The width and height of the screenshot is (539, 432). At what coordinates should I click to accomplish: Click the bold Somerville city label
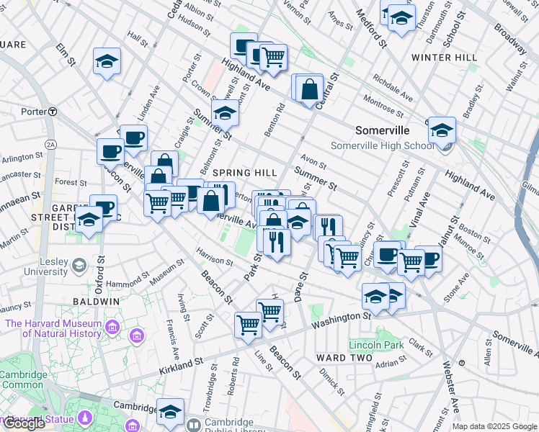point(382,130)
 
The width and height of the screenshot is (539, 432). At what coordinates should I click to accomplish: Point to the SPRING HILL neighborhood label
point(245,173)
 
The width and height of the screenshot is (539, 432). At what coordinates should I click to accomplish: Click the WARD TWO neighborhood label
point(344,358)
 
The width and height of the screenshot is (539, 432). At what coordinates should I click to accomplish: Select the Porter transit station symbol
point(53,112)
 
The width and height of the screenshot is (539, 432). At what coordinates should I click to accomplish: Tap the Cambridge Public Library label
point(230,427)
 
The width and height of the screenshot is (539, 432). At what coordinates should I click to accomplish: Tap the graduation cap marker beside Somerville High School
point(442,130)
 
